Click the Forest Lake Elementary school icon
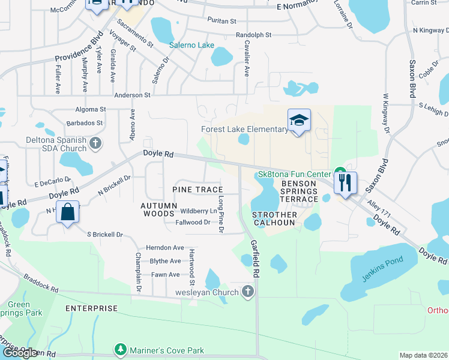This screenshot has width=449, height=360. pyautogui.click(x=298, y=120)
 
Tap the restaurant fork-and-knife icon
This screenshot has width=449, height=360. pyautogui.click(x=345, y=182)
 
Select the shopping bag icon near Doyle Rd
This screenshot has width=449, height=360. pyautogui.click(x=68, y=212)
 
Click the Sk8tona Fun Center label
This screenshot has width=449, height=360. pyautogui.click(x=292, y=175)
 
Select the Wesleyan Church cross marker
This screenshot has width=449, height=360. pyautogui.click(x=247, y=292)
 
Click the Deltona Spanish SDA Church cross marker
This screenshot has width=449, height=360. pyautogui.click(x=96, y=143)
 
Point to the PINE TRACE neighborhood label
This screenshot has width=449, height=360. pyautogui.click(x=197, y=190)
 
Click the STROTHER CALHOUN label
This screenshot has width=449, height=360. pyautogui.click(x=274, y=218)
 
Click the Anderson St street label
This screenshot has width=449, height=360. pyautogui.click(x=132, y=95)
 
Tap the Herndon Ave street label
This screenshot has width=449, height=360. pyautogui.click(x=165, y=247)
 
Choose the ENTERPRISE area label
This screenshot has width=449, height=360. pyautogui.click(x=91, y=308)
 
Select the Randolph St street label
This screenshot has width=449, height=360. pyautogui.click(x=258, y=35)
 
